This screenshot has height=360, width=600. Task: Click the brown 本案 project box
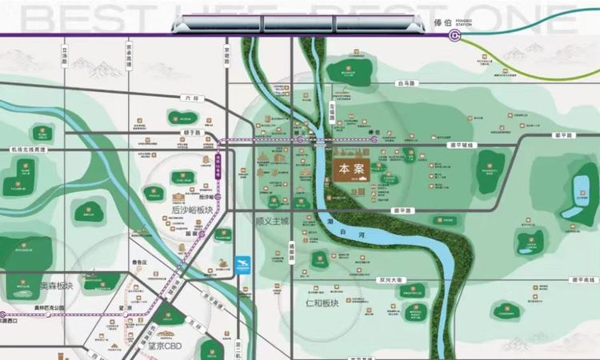click(x=345, y=170)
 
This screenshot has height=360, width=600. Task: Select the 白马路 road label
click(x=406, y=82)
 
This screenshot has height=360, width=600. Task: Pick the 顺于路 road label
click(x=190, y=133)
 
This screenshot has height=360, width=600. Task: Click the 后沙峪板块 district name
click(x=193, y=210)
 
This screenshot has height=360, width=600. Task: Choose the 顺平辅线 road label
click(x=462, y=145)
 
